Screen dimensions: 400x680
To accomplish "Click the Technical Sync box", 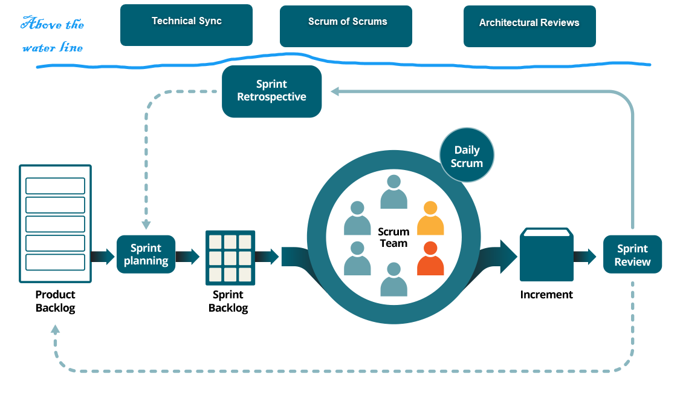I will (186, 25).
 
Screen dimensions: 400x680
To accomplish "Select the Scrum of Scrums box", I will (346, 26).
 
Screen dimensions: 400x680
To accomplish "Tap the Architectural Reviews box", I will (529, 26).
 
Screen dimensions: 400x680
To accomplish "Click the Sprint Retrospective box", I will (271, 91).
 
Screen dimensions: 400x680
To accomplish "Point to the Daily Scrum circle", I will (467, 156).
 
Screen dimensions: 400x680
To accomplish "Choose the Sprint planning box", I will (146, 255).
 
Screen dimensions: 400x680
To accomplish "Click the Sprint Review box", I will (632, 255).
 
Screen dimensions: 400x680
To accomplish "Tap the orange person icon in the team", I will (430, 258).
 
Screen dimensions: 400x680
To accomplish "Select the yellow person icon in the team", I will (430, 218).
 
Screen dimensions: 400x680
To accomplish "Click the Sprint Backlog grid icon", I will (230, 257).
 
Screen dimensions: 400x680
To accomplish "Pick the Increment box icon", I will (546, 255).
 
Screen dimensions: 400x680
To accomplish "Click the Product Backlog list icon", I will (55, 224).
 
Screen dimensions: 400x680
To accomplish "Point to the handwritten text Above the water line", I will (53, 35).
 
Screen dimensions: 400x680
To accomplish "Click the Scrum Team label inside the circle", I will (393, 237).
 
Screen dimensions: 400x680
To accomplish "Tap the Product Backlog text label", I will (55, 301).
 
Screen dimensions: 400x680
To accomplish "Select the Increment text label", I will (546, 295).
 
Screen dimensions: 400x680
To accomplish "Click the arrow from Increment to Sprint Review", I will (584, 257).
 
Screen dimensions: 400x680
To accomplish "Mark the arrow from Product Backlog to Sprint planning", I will (103, 257).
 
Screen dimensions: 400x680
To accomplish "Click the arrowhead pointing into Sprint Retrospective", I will (335, 91).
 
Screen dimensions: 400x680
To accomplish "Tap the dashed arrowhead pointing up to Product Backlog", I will (56, 330).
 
